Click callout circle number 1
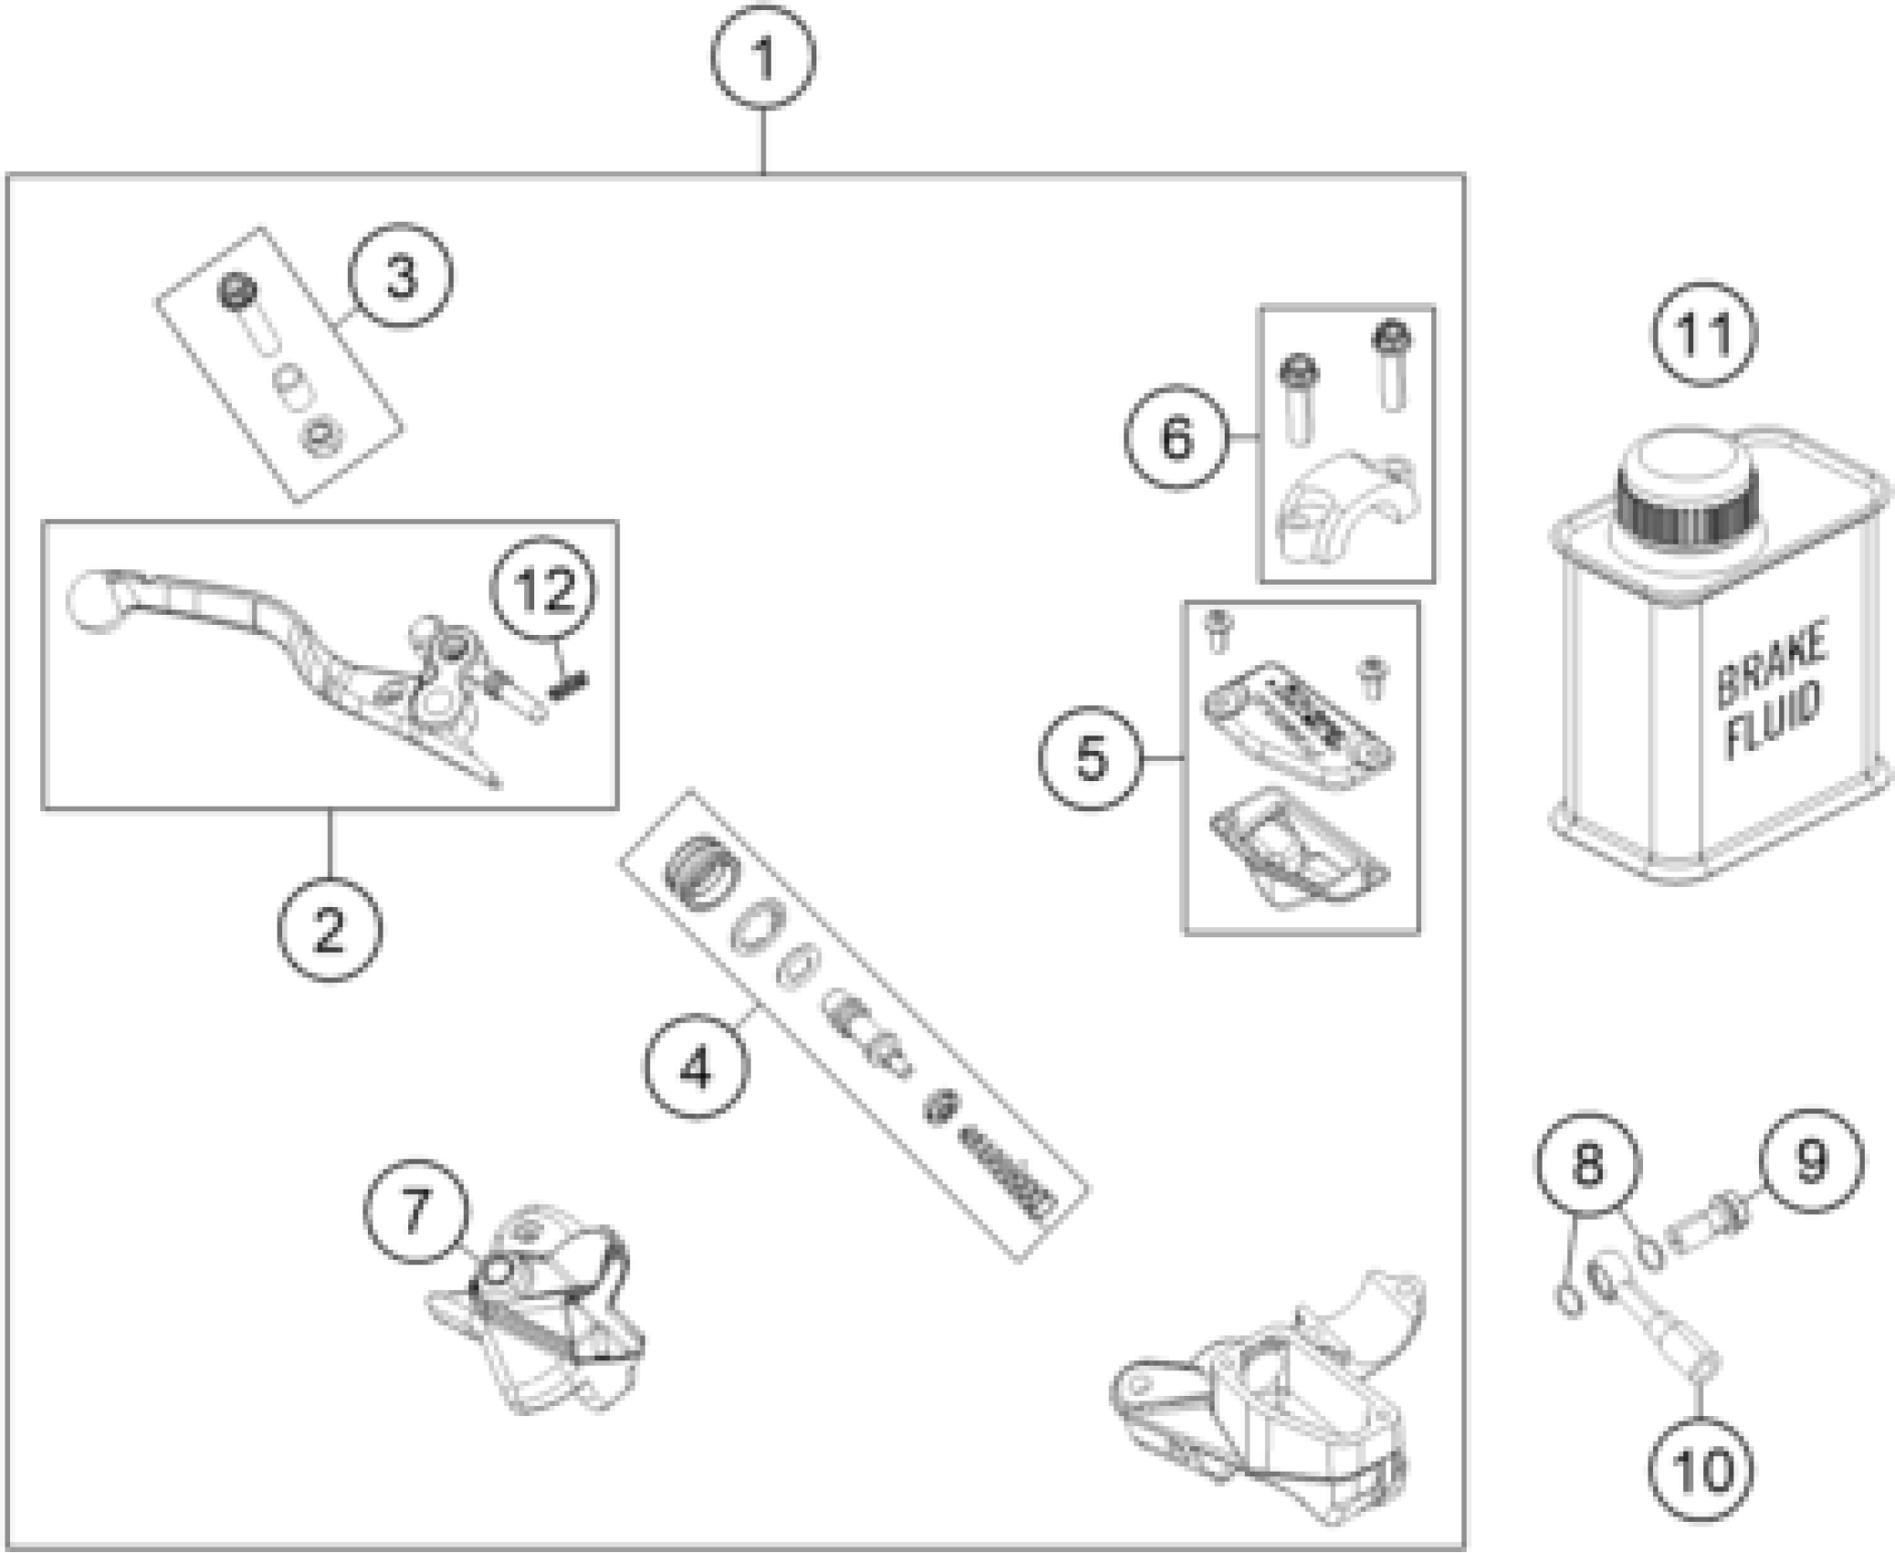[763, 59]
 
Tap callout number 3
[401, 277]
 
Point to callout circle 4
[696, 1067]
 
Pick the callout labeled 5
[1090, 757]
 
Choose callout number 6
[1176, 437]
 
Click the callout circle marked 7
[416, 1211]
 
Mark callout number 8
[1588, 1164]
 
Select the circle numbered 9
[1810, 1160]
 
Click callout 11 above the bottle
[1704, 333]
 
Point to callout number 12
[545, 589]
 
